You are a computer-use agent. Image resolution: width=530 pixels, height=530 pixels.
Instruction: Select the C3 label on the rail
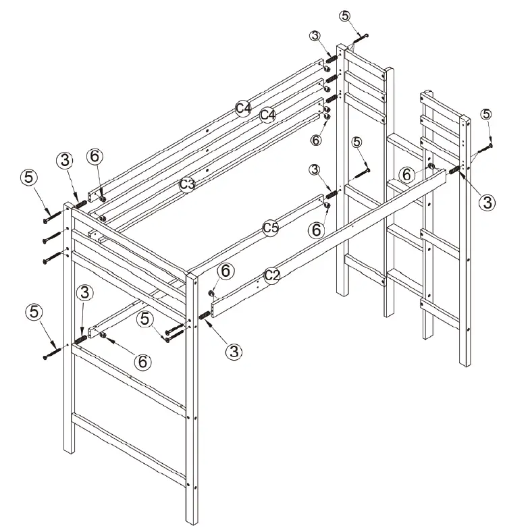pos(187,183)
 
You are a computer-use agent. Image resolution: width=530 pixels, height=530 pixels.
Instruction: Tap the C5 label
pos(270,228)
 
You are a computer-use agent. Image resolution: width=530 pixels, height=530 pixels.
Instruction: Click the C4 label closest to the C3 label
pos(268,115)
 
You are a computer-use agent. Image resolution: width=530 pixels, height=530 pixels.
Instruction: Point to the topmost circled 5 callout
pos(345,16)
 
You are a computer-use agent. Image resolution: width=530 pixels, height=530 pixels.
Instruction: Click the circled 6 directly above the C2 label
pos(226,271)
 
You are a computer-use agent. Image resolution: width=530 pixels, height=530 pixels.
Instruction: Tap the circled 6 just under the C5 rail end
pos(316,229)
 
